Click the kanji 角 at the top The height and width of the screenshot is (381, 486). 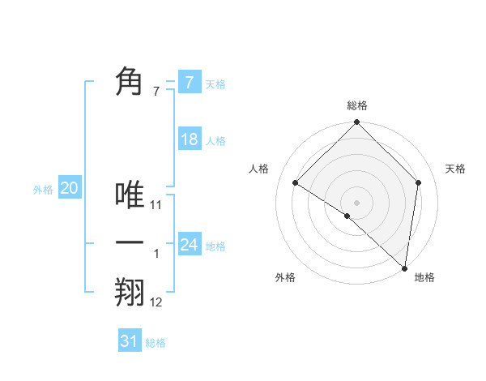(130, 82)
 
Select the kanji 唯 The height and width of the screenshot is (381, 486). (130, 195)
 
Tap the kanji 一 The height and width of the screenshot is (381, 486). (130, 243)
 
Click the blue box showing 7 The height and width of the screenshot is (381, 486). (189, 82)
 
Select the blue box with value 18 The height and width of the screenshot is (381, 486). (189, 139)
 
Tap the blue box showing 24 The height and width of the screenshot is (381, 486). (189, 244)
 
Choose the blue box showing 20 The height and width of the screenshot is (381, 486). (69, 189)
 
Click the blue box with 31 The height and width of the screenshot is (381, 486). (130, 341)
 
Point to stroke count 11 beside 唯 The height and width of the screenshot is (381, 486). (156, 205)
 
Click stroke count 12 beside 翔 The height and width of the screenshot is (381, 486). (156, 302)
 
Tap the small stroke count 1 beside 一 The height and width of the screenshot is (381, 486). (156, 254)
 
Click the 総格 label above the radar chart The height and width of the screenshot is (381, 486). (356, 105)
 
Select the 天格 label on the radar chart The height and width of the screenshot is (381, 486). (455, 169)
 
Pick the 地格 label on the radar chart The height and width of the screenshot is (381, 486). (424, 277)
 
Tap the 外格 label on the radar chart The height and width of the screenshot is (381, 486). (285, 277)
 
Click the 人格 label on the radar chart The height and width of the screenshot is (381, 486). (258, 169)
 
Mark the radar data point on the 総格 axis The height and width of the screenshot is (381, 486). (356, 122)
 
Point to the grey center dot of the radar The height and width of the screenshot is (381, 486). (356, 202)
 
